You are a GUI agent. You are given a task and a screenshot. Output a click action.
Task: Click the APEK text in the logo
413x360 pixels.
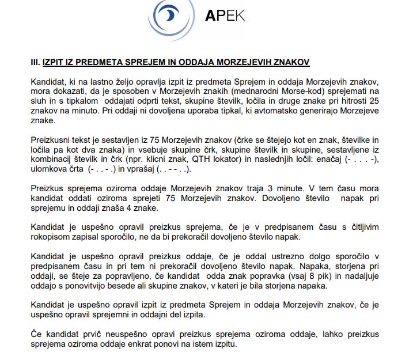coord(225,14)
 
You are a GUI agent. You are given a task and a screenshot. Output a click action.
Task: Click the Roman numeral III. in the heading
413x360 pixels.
coord(35,60)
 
